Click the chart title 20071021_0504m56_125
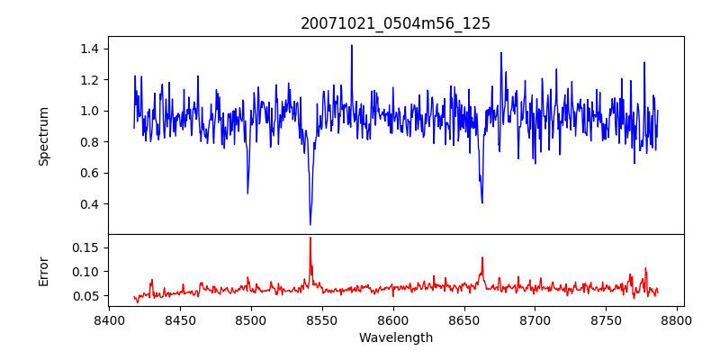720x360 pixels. click(395, 23)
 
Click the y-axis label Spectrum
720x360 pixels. click(43, 136)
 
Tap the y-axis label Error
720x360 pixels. click(43, 270)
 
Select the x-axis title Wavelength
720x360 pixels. click(395, 338)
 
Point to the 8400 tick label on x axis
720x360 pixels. click(109, 320)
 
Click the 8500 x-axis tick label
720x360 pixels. click(251, 320)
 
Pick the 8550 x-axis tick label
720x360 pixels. click(322, 320)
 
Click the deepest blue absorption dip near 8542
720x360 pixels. click(310, 224)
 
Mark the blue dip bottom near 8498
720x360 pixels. click(247, 193)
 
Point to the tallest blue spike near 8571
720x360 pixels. click(352, 46)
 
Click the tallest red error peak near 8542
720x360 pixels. click(310, 238)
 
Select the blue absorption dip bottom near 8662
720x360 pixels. click(482, 202)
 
